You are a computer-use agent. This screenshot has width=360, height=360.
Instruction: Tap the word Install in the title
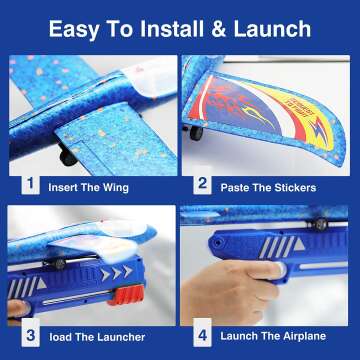click(164, 27)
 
